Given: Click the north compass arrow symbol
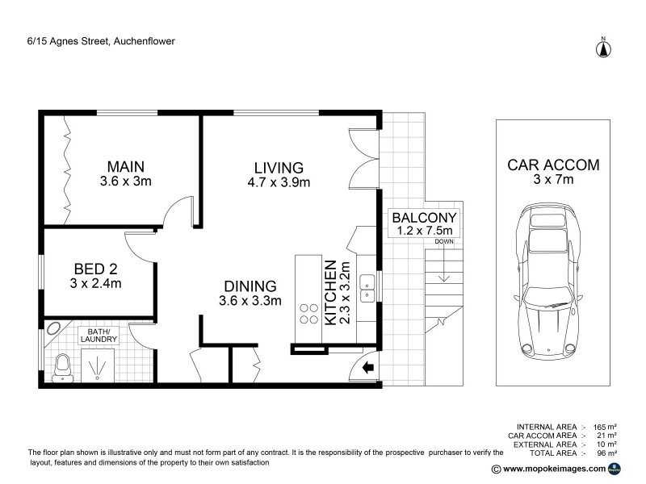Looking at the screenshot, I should tap(602, 48).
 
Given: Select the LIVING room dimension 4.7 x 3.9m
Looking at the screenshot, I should tap(279, 182).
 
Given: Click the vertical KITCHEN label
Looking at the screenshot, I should tap(329, 292).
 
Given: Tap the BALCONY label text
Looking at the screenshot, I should tap(425, 217).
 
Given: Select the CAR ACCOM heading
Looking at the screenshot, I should tap(553, 165).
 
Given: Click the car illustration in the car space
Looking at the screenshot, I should tap(553, 282).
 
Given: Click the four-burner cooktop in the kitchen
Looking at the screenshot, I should tap(308, 312).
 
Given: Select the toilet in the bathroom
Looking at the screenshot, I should tap(62, 368).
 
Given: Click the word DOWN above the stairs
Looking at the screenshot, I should tap(443, 241).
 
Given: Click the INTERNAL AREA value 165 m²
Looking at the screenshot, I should tap(606, 425).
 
